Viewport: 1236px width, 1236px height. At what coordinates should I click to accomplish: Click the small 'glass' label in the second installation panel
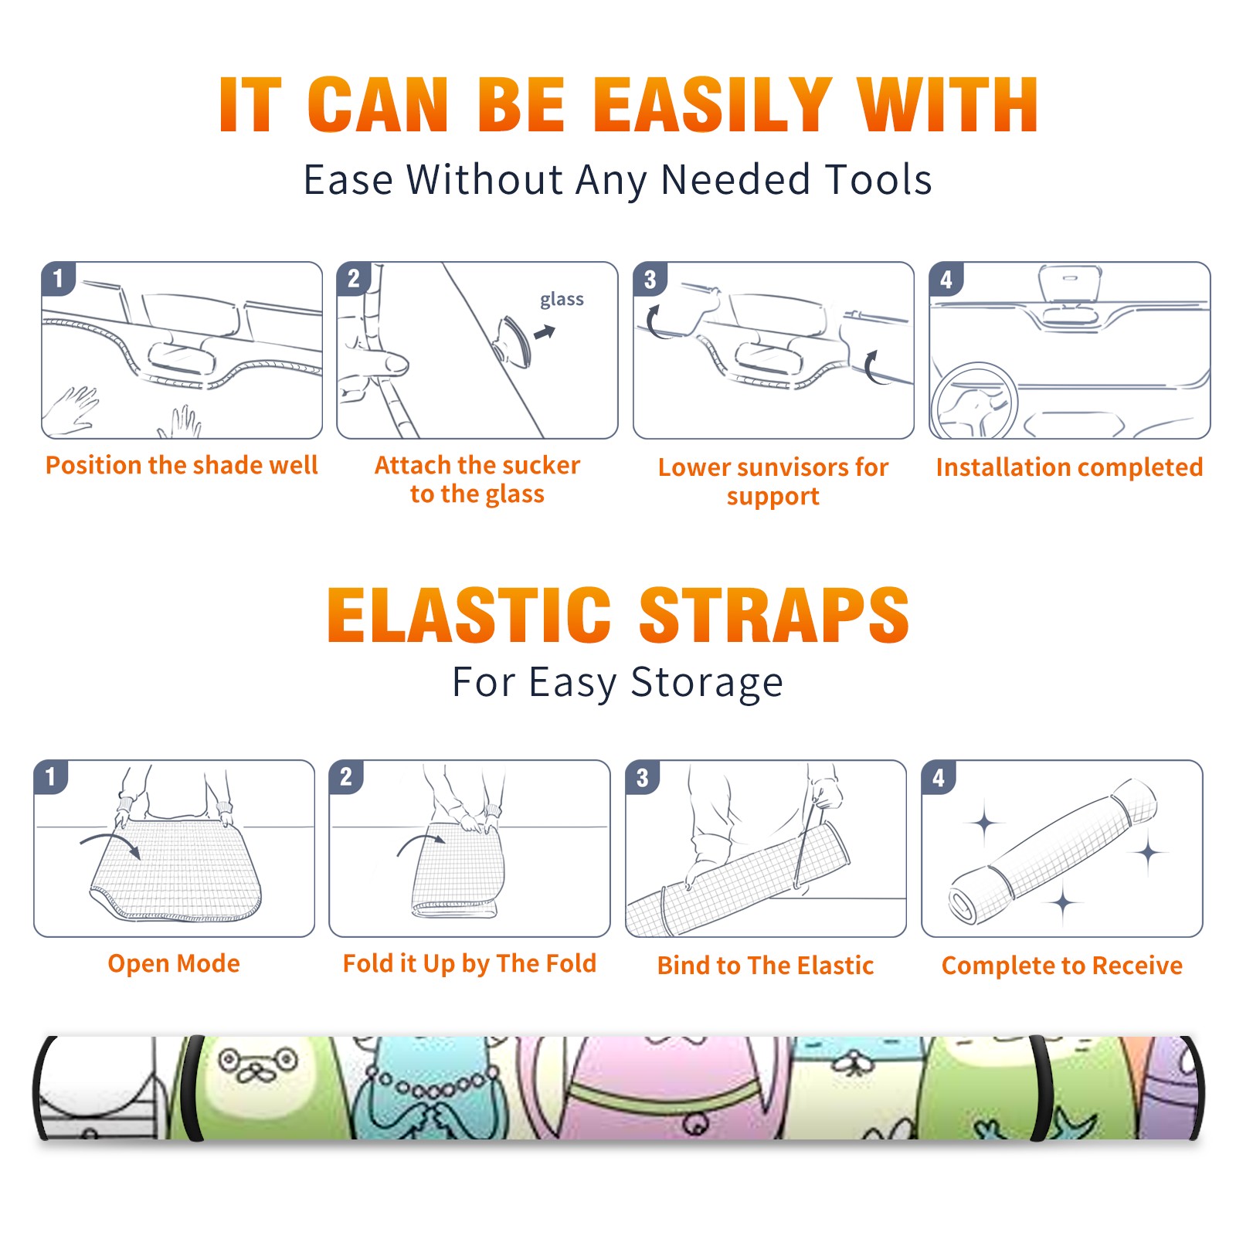tap(562, 300)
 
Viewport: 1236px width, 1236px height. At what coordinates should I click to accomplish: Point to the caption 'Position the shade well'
tap(182, 465)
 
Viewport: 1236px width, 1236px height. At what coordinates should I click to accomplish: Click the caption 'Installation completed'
tap(1069, 467)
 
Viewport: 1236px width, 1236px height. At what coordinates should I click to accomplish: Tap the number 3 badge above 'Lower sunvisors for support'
tap(650, 279)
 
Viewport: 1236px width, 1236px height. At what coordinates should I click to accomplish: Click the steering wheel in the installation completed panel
tap(974, 402)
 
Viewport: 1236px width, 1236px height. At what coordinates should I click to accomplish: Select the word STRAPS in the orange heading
tap(774, 615)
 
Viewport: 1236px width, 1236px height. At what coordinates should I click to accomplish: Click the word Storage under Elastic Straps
tap(707, 683)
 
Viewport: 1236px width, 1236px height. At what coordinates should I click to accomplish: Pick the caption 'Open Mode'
tap(174, 963)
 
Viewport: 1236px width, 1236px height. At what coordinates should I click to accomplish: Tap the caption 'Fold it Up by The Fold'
tap(470, 963)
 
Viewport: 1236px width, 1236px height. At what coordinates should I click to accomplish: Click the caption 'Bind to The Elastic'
tap(766, 965)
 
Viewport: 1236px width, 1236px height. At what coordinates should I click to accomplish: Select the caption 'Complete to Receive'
tap(1062, 966)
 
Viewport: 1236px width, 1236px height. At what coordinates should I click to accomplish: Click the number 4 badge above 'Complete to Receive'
tap(939, 777)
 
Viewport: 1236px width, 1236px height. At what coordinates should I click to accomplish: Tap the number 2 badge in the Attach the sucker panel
tap(354, 279)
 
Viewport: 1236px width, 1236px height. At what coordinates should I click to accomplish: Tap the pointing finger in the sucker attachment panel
tap(375, 363)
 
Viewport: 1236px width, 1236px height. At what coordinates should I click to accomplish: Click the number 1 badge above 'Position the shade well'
tap(58, 279)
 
